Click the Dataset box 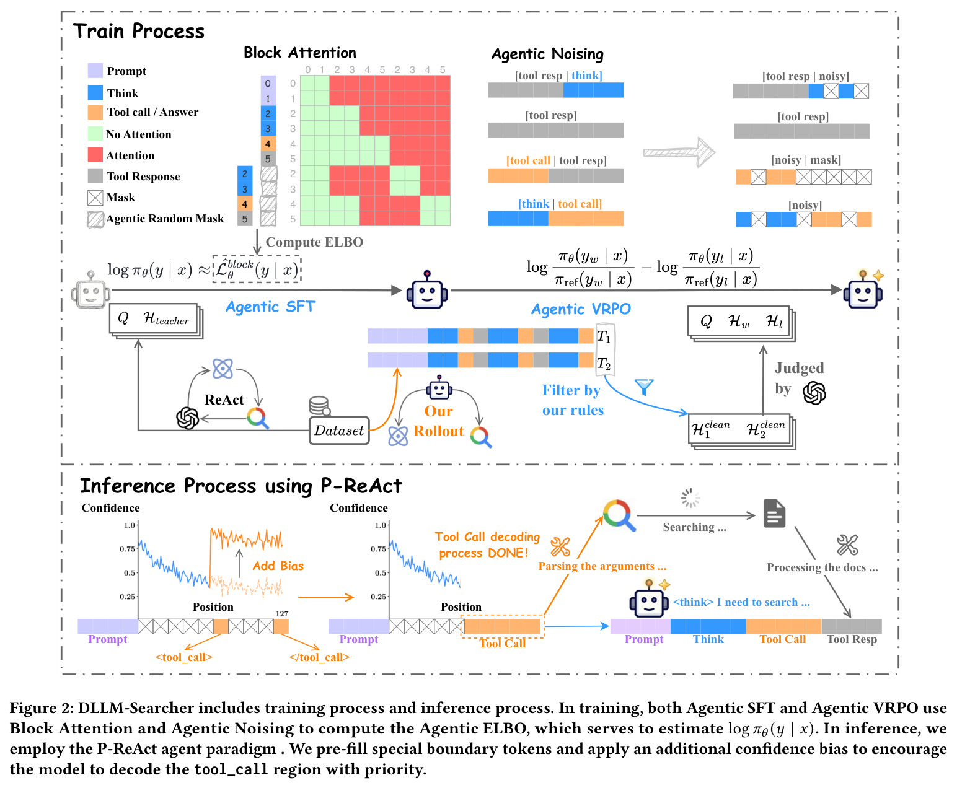(338, 430)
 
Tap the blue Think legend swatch (95, 92)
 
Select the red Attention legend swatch (95, 155)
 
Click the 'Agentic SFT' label (270, 306)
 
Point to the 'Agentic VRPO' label (581, 309)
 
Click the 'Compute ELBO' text (314, 242)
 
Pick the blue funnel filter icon (644, 387)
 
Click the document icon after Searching (774, 513)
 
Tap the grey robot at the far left (90, 290)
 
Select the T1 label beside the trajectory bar (604, 337)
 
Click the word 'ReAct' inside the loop (224, 400)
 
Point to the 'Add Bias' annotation (278, 566)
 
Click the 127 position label (282, 613)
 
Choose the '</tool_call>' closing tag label (319, 657)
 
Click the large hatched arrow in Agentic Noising (679, 152)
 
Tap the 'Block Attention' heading (300, 53)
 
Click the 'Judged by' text (798, 379)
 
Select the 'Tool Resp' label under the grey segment (852, 639)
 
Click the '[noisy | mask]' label (806, 160)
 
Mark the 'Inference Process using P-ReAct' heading (241, 486)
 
